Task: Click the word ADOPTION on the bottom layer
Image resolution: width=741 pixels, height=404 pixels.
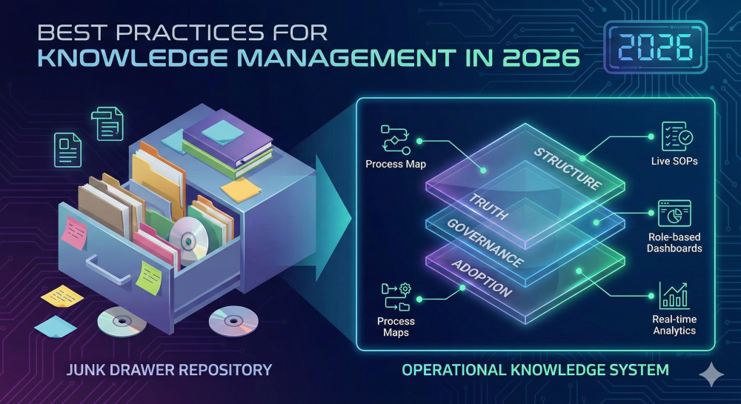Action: coord(482,278)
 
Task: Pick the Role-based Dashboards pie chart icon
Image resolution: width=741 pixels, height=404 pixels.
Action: coord(674,214)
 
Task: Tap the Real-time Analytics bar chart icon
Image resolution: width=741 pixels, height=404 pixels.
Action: coord(674,295)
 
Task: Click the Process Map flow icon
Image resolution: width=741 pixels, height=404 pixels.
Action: coord(394,139)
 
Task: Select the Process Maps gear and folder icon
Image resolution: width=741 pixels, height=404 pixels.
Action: coord(395,297)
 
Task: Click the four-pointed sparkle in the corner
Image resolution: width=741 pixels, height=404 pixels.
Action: coord(712,375)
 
